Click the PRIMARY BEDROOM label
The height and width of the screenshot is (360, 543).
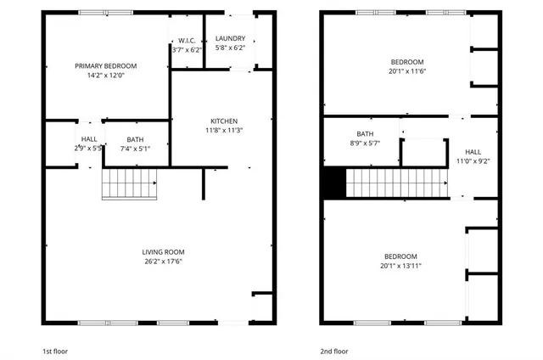[105, 65]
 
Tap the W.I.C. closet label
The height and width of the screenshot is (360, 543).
[187, 40]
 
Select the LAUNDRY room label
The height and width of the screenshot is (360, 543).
[230, 38]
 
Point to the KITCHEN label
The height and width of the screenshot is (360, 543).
[224, 121]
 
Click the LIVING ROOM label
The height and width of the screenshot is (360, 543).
[163, 252]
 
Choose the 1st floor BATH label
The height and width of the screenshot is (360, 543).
[136, 139]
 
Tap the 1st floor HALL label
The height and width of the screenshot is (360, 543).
[89, 138]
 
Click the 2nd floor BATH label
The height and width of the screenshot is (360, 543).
[365, 134]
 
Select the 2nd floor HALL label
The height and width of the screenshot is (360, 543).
[473, 151]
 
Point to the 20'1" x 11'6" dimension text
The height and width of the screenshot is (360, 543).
[407, 71]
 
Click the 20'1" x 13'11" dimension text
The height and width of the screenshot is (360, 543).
[400, 266]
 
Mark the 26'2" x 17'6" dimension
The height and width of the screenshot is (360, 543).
[163, 262]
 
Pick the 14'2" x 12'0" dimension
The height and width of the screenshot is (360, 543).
[105, 75]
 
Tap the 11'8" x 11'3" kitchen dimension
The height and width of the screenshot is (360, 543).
[224, 130]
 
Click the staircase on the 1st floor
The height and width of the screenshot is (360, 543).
[130, 183]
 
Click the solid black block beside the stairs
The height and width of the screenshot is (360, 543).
[333, 183]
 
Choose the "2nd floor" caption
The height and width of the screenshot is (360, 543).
[334, 351]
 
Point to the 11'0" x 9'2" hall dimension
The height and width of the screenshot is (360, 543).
[473, 160]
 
